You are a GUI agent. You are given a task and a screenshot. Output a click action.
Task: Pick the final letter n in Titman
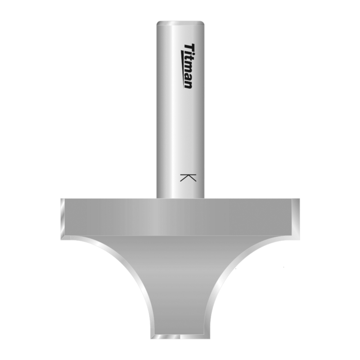(x=189, y=84)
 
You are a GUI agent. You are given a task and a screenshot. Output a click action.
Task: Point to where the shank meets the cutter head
(x=180, y=198)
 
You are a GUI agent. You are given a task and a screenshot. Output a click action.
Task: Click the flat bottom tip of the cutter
(x=180, y=338)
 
